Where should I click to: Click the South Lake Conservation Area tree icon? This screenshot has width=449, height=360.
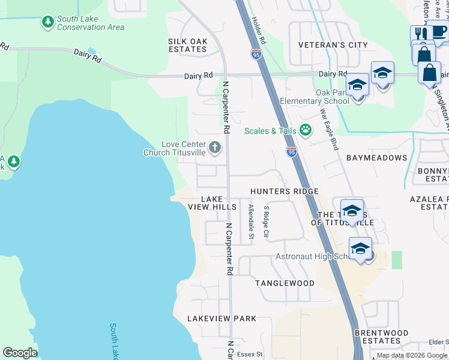tap(47, 22)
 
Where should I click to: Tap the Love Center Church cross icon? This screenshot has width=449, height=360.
tap(215, 147)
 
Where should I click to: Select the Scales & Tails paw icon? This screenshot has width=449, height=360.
tap(306, 130)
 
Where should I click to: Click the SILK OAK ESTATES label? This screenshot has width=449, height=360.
tap(187, 44)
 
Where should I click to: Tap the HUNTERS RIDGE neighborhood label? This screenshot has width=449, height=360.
tap(284, 191)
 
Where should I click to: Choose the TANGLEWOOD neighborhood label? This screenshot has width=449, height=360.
tap(285, 283)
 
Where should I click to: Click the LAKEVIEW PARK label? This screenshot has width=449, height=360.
tap(221, 319)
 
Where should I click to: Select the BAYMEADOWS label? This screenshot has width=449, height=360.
tap(376, 158)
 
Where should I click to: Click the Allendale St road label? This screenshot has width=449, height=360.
tap(251, 223)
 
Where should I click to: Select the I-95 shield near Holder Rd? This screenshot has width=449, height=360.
tap(256, 55)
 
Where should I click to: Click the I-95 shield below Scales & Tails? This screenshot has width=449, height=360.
tap(291, 152)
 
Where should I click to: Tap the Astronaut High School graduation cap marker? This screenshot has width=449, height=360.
tap(360, 248)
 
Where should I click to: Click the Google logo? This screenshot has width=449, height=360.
tap(20, 352)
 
